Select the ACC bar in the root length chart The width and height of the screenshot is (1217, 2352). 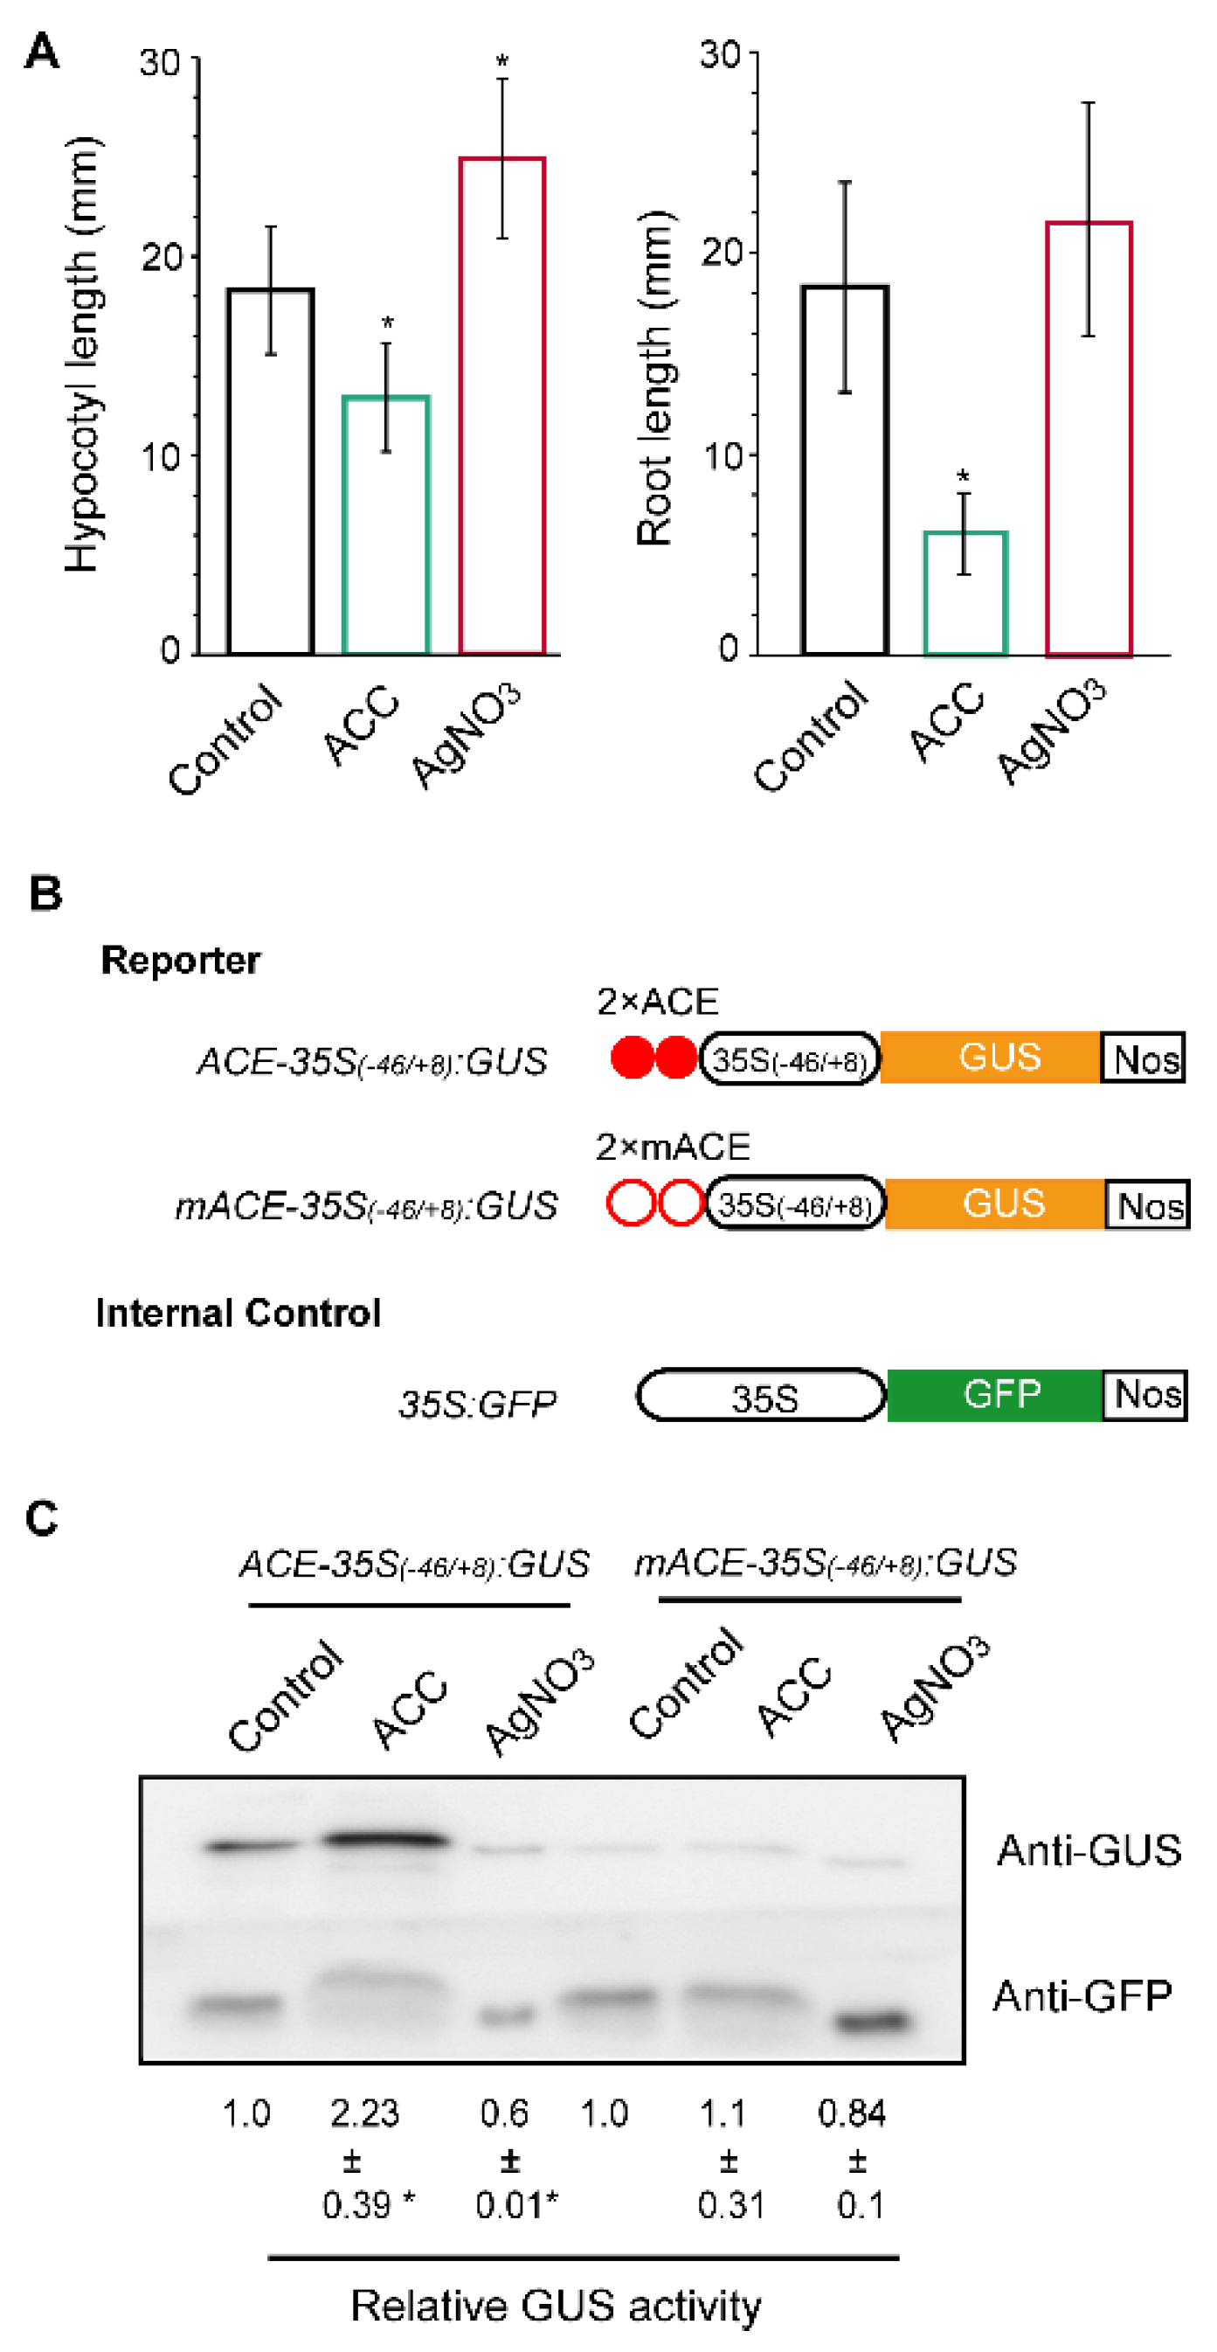click(965, 593)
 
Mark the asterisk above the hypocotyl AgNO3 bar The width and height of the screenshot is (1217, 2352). click(502, 62)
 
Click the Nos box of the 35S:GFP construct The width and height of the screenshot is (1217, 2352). click(1144, 1395)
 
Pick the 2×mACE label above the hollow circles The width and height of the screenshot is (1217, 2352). click(673, 1147)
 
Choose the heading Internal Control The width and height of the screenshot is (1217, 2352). click(239, 1313)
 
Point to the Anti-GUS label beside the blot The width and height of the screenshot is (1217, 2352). click(1089, 1849)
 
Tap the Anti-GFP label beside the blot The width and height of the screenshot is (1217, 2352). click(1082, 1996)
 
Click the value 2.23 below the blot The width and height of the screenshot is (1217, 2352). click(364, 2113)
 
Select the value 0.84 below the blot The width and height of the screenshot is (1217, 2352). click(852, 2113)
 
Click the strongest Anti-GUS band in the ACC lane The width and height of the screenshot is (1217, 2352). click(386, 1839)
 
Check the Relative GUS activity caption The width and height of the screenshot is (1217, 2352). click(556, 2306)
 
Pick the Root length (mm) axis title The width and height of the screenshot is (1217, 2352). click(654, 379)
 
